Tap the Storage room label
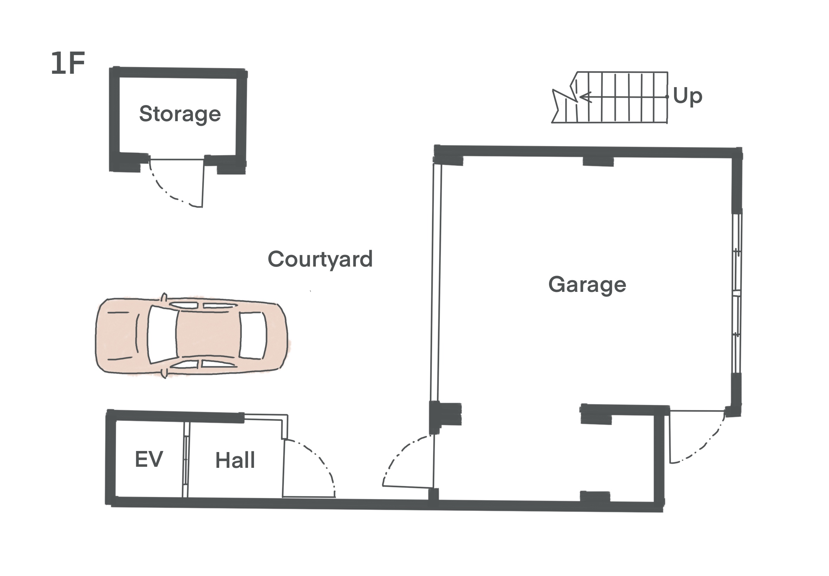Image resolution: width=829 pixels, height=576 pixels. pyautogui.click(x=180, y=114)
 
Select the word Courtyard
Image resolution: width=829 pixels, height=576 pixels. pyautogui.click(x=320, y=260)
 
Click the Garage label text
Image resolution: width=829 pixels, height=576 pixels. pyautogui.click(x=587, y=285)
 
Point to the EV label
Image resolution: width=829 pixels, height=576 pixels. pyautogui.click(x=149, y=459)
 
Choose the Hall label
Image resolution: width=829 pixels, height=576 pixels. pyautogui.click(x=235, y=460)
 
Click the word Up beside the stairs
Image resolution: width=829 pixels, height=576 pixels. pyautogui.click(x=687, y=97)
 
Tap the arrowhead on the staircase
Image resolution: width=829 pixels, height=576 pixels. pyautogui.click(x=585, y=97)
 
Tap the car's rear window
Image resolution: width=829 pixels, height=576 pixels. pyautogui.click(x=253, y=336)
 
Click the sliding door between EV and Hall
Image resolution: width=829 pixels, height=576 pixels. pyautogui.click(x=185, y=459)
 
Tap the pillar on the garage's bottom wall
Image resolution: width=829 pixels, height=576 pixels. pyautogui.click(x=595, y=497)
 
